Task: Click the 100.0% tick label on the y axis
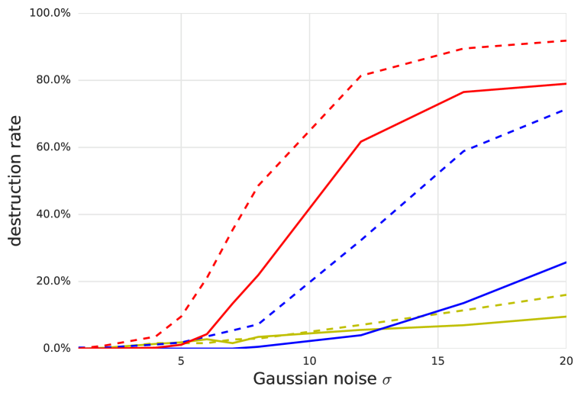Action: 51,14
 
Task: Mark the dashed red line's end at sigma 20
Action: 565,41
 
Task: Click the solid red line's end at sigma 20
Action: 565,83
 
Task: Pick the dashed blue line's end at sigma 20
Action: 565,109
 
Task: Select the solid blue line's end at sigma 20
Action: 565,262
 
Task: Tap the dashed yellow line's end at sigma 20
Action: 565,295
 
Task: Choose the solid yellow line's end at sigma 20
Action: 565,316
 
